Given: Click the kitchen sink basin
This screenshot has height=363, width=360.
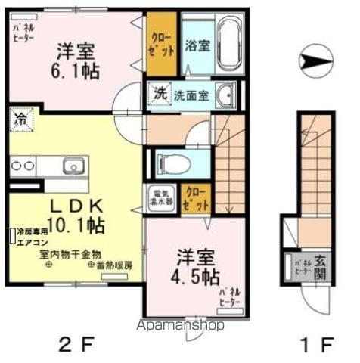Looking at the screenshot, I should [73, 166].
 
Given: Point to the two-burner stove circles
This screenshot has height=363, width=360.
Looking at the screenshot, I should [21, 166].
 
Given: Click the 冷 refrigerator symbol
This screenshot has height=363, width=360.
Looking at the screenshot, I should [19, 119].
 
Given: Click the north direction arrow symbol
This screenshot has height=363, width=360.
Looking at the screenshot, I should [315, 57].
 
